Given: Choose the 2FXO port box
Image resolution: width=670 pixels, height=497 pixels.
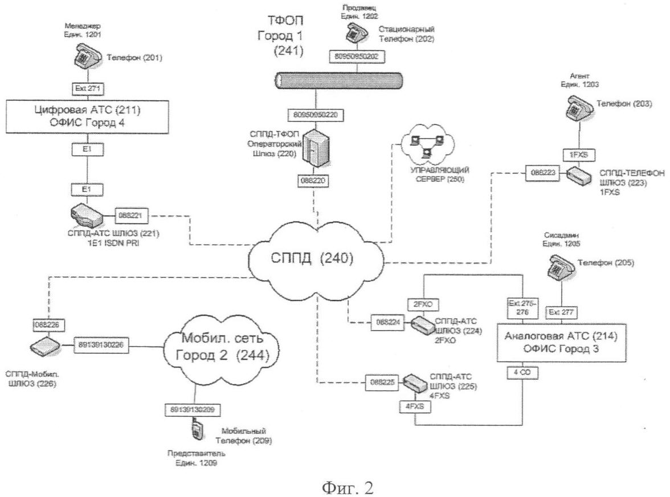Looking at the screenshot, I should pyautogui.click(x=422, y=303).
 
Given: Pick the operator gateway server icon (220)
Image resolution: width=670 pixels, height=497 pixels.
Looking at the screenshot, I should pyautogui.click(x=313, y=146).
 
